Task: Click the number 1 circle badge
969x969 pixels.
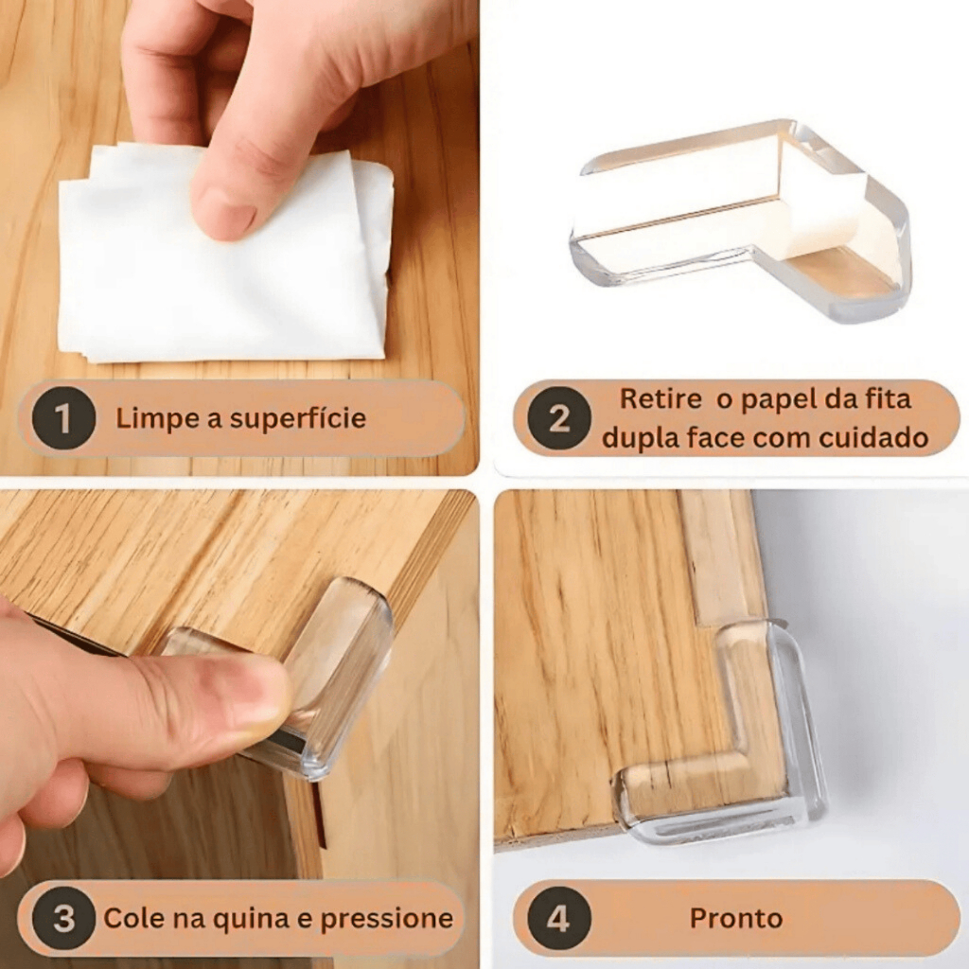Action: point(63,418)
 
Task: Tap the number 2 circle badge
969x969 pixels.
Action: point(559,418)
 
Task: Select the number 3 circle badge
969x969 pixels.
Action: point(63,918)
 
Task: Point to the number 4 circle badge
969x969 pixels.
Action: point(558,918)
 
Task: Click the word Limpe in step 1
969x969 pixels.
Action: point(157,419)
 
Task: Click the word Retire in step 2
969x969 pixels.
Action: point(661,398)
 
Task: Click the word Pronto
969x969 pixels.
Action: point(736,918)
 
